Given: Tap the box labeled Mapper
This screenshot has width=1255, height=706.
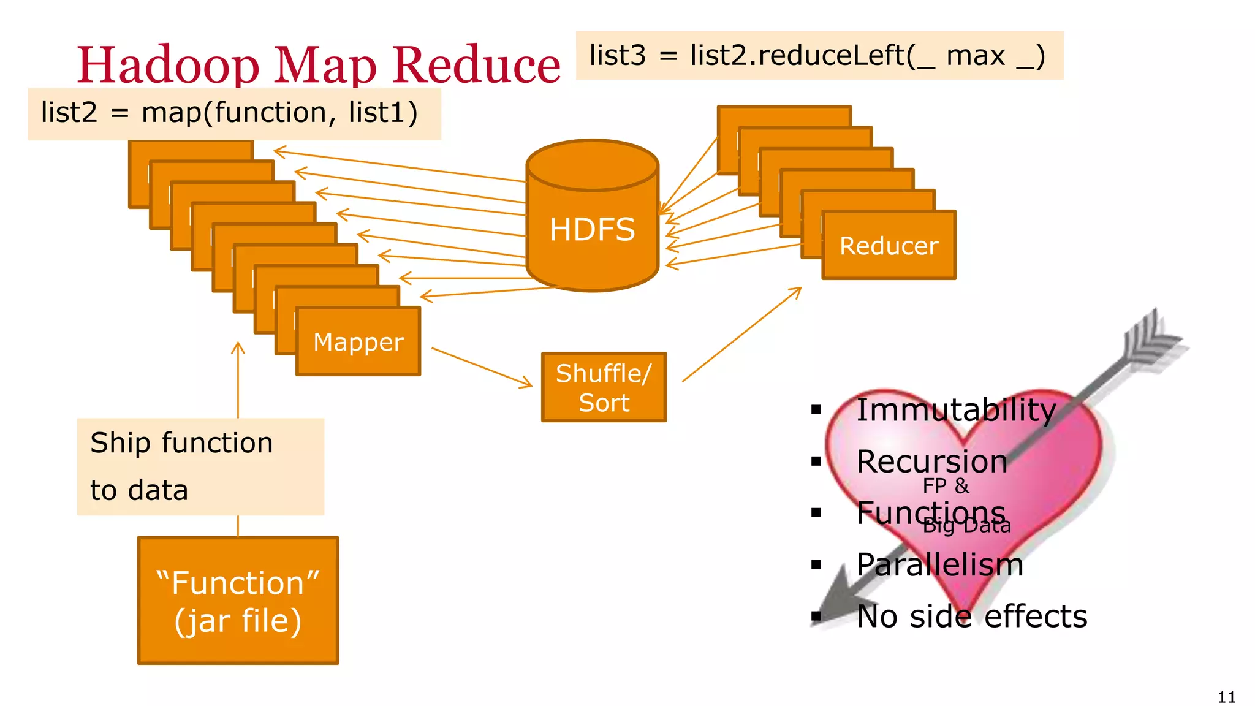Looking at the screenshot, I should [x=358, y=341].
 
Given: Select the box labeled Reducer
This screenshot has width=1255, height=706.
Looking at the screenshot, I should [x=889, y=246].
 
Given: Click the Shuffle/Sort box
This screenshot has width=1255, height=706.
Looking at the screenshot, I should [x=604, y=387].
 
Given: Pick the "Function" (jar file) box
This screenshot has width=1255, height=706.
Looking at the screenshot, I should [x=238, y=601].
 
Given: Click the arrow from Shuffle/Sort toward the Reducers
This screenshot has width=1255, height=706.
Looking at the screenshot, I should [x=741, y=334].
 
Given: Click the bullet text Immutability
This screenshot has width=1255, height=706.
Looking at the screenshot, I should [x=955, y=409].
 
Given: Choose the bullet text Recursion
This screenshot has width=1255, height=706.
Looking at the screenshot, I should [x=931, y=461].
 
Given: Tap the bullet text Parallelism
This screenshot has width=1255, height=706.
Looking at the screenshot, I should [x=939, y=564].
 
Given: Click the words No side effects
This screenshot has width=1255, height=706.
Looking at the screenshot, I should [x=971, y=616].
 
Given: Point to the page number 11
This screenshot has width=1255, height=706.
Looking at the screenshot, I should [x=1226, y=697].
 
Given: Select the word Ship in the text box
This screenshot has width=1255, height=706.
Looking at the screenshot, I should [x=119, y=442].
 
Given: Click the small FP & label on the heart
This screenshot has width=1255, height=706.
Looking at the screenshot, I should [x=946, y=486].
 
